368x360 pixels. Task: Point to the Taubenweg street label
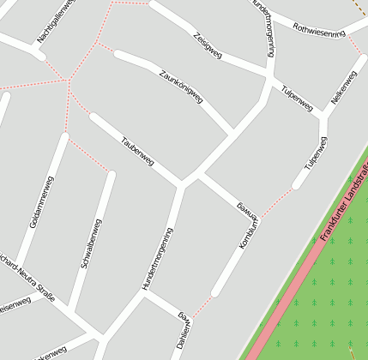coord(137,151)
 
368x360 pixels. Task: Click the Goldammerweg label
coord(41,201)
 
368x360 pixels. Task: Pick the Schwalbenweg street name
coord(91,244)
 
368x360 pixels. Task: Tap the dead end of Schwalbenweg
coord(110,175)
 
